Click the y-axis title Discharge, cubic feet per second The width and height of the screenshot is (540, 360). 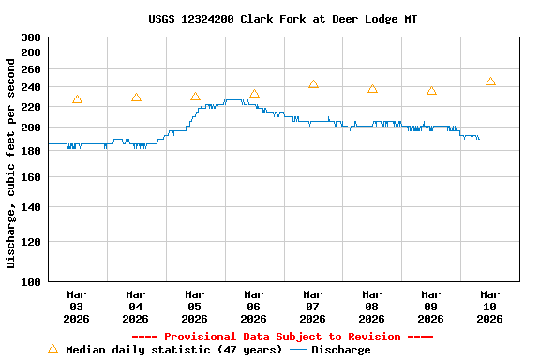(x=11, y=163)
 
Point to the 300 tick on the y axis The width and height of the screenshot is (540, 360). (x=31, y=37)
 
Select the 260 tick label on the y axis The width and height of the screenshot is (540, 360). (x=31, y=69)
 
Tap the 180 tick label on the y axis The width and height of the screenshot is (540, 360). (x=31, y=151)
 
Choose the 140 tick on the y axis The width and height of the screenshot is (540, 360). (x=31, y=207)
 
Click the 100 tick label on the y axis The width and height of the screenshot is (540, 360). (x=31, y=281)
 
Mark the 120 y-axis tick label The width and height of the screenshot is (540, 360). (x=31, y=242)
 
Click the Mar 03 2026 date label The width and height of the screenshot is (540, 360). (x=76, y=307)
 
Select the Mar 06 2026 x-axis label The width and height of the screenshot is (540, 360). (x=253, y=307)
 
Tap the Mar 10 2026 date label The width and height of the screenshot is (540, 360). (x=489, y=307)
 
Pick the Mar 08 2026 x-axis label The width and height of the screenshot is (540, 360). (x=371, y=307)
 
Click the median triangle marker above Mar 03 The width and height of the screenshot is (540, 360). (x=77, y=99)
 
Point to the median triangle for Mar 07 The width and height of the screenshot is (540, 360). (x=313, y=84)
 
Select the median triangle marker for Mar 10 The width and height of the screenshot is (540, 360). (x=490, y=82)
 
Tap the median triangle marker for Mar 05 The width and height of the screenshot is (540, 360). (x=195, y=97)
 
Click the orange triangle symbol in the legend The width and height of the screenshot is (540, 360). (x=52, y=349)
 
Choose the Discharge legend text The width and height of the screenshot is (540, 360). (x=340, y=350)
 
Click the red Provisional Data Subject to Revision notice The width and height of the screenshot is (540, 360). (x=282, y=337)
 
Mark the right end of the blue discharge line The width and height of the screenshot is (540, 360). (x=479, y=139)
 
